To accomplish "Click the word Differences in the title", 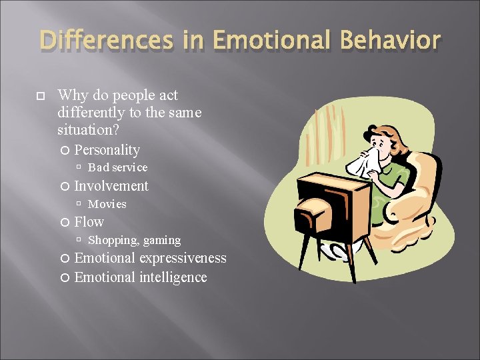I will pos(106,41).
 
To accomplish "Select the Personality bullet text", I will pos(107,150).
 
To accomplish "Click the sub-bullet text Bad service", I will pos(117,167).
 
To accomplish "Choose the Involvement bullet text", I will pos(111,186).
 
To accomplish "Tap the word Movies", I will pos(107,204).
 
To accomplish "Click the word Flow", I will pos(89,222).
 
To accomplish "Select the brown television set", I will pos(333,207).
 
